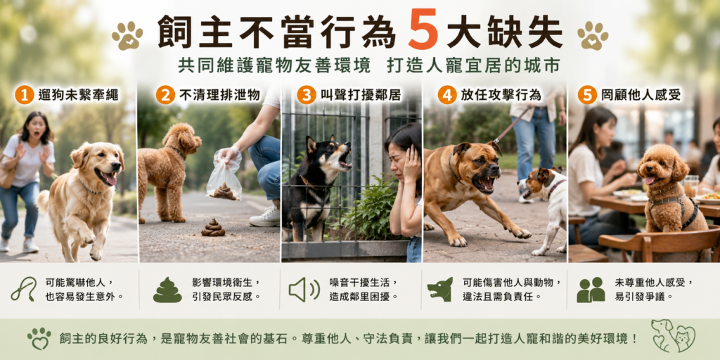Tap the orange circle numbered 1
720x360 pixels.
[25, 95]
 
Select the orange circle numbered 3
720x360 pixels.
[307, 95]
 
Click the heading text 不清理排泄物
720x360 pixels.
[220, 95]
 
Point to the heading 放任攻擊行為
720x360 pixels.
[501, 95]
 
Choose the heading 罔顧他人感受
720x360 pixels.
[641, 95]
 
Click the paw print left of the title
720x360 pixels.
[127, 35]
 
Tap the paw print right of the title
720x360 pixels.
[593, 35]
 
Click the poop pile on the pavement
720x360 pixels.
[213, 228]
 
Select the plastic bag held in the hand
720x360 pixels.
[224, 176]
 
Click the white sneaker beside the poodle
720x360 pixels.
[265, 217]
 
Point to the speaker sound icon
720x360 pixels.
[304, 290]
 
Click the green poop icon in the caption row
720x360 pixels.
[167, 290]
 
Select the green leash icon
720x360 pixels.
[23, 289]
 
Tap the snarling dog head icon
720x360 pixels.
[440, 289]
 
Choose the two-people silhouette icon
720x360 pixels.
[591, 290]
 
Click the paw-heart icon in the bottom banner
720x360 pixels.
[39, 339]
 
